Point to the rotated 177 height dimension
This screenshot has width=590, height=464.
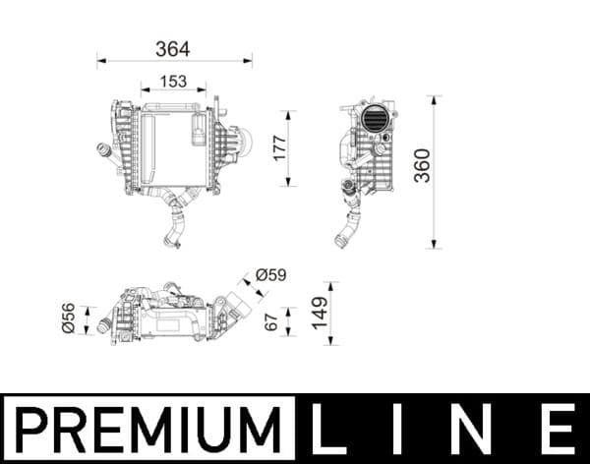coord(278,147)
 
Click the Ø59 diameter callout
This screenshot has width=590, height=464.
coord(269,276)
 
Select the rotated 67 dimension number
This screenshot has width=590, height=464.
coord(272,322)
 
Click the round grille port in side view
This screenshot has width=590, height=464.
coord(375,119)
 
